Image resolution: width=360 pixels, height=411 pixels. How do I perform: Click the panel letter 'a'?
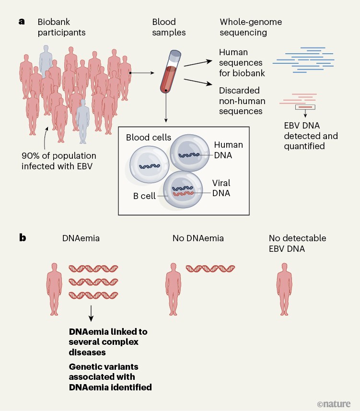22,22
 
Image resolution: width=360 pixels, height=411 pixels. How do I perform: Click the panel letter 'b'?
22,237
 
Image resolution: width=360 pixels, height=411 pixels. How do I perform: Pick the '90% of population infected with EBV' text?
59,162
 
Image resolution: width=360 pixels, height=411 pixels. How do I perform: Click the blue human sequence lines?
302,60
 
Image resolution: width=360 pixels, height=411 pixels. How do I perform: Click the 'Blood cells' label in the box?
148,138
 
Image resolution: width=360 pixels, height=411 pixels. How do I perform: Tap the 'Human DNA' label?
228,150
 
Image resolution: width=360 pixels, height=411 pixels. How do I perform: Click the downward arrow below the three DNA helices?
91,314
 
